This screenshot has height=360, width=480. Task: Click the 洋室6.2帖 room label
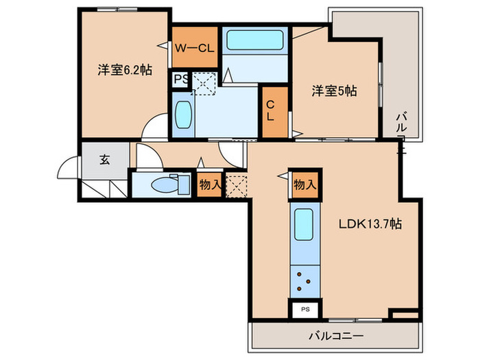[124, 69]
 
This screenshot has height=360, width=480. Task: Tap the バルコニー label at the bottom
[335, 336]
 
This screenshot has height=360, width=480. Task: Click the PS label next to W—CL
[180, 79]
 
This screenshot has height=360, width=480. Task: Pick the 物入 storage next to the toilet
[209, 184]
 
